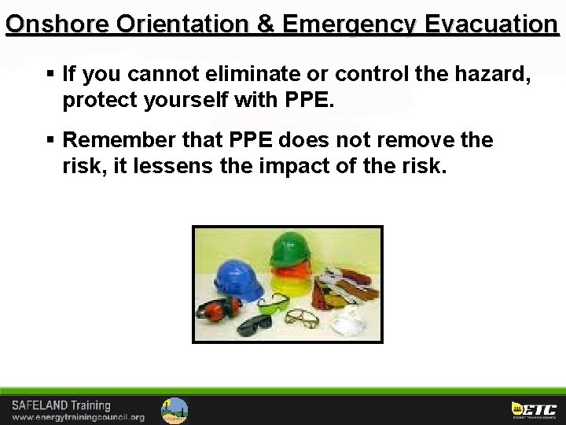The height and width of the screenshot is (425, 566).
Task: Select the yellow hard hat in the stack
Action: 292,283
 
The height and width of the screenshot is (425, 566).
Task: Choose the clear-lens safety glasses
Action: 302,318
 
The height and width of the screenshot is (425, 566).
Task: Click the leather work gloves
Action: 346,283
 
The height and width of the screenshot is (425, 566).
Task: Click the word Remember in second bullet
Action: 116,141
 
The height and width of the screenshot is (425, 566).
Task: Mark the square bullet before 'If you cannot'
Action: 50,75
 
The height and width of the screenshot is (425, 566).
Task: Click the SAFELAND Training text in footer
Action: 61,405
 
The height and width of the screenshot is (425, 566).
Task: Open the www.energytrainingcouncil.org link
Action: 78,417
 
